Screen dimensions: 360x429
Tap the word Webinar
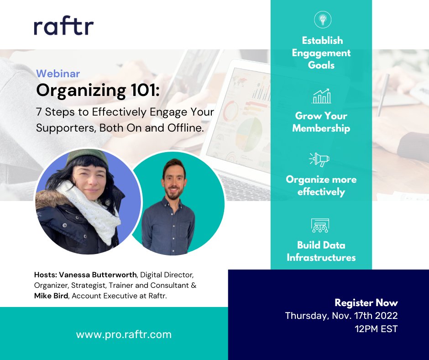click(58, 74)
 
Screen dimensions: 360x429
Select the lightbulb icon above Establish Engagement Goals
click(322, 20)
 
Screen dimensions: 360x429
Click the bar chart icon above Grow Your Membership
click(321, 96)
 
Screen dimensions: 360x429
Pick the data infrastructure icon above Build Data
click(320, 226)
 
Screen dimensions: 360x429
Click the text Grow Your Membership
click(321, 122)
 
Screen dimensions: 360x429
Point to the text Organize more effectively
click(321, 185)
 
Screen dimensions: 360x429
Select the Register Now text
click(366, 302)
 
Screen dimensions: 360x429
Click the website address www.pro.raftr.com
click(124, 334)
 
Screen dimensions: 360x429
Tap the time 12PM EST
click(376, 328)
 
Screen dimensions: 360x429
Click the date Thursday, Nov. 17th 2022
click(341, 316)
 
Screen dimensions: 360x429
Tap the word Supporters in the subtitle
click(65, 128)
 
